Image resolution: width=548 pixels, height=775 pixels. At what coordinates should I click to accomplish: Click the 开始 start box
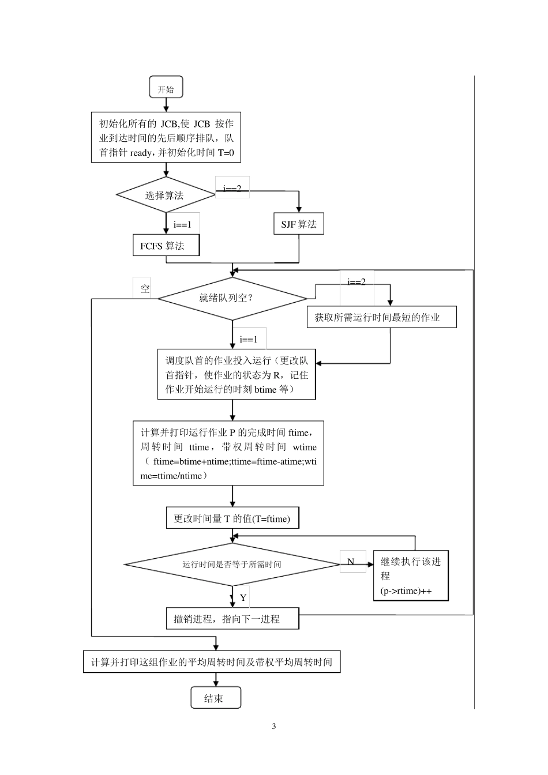click(166, 89)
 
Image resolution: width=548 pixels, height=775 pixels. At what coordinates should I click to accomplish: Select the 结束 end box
click(216, 698)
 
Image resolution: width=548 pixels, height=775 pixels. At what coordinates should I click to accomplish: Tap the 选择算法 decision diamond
click(166, 195)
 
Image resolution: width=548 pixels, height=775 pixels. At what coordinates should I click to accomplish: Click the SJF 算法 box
click(299, 224)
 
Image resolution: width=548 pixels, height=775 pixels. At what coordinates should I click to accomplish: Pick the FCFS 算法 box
click(166, 246)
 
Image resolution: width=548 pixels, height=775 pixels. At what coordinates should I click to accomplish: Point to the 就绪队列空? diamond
click(232, 298)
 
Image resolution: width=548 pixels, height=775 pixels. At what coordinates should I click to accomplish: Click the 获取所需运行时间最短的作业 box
click(381, 317)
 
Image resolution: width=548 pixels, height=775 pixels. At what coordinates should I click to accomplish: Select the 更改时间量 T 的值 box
click(232, 518)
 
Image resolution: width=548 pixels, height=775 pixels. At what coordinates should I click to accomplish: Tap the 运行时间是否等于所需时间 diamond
click(232, 564)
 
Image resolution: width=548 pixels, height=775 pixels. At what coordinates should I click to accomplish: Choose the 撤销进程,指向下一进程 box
click(232, 619)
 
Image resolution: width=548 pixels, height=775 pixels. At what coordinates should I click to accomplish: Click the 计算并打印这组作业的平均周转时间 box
click(212, 661)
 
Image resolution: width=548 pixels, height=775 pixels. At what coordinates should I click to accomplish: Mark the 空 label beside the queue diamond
click(145, 289)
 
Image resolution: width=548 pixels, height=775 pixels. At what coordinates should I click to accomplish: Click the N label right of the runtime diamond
click(351, 561)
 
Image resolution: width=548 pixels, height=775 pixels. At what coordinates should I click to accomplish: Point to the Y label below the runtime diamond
click(243, 597)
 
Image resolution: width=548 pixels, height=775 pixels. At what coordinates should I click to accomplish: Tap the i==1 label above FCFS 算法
click(182, 224)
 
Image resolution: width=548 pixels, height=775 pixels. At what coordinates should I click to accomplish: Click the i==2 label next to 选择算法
click(232, 188)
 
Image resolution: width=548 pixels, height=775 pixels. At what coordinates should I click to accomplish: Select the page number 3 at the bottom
click(274, 726)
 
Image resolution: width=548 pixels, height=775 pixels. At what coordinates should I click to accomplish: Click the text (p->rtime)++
click(406, 591)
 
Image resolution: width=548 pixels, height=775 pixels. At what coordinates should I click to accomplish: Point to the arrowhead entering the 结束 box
click(216, 684)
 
